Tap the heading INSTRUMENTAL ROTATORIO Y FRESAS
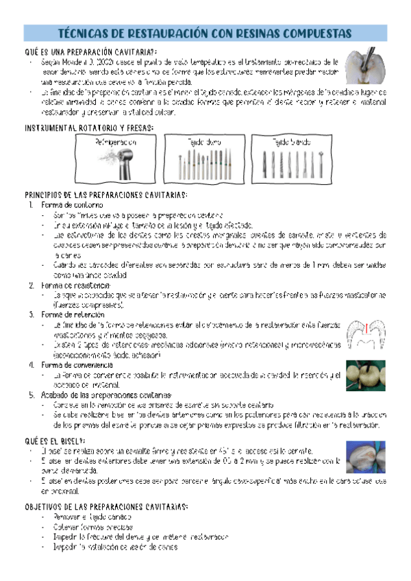[89, 128]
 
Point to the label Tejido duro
[204, 143]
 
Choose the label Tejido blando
[291, 143]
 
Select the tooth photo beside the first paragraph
[362, 67]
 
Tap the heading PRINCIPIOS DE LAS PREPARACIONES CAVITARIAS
[106, 195]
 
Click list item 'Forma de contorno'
[72, 205]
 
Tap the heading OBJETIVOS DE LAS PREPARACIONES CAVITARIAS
[106, 507]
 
